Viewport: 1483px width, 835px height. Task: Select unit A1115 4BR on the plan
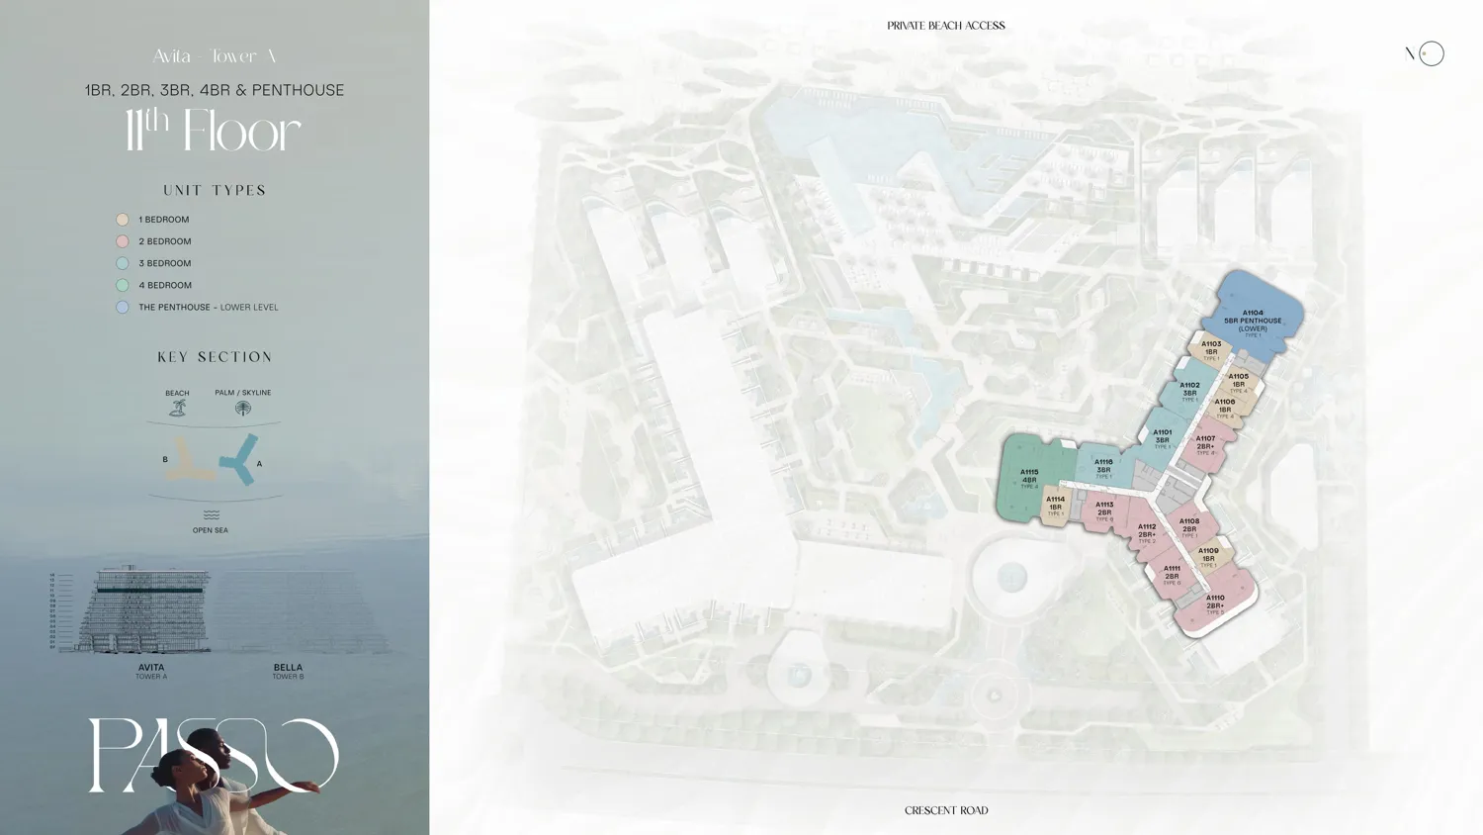(1029, 478)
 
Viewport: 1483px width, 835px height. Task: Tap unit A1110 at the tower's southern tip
(1215, 603)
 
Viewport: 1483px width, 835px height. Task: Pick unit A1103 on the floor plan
(1211, 349)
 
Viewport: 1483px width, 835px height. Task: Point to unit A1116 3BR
(1103, 467)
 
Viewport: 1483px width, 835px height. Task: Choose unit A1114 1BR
(1055, 505)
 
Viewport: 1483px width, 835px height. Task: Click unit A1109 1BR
(1208, 556)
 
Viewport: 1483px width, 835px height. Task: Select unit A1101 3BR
(1163, 437)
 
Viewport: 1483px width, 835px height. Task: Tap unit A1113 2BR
(1104, 510)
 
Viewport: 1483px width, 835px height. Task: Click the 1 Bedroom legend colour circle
(123, 220)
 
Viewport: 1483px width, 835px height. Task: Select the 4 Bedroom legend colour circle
(123, 285)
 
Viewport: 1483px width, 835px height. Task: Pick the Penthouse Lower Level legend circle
(123, 307)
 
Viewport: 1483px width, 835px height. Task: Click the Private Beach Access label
(945, 26)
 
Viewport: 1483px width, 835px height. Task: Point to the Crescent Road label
(946, 810)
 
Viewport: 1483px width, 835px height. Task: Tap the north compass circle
(1431, 53)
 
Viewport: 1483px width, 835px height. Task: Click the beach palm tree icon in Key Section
(178, 408)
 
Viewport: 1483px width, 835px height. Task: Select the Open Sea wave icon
(211, 515)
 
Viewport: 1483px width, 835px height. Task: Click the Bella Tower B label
(288, 671)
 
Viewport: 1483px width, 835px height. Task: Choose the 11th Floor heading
(213, 132)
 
